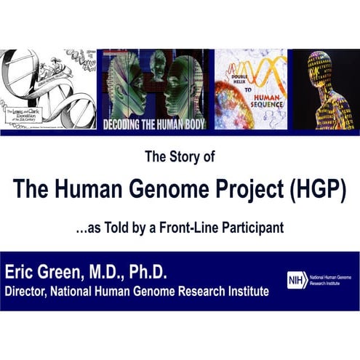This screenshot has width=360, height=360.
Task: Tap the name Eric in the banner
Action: (x=22, y=273)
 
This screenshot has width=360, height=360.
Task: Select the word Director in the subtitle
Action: (x=28, y=292)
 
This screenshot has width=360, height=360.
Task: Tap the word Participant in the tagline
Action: (x=247, y=227)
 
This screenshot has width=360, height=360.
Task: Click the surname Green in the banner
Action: (x=64, y=273)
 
